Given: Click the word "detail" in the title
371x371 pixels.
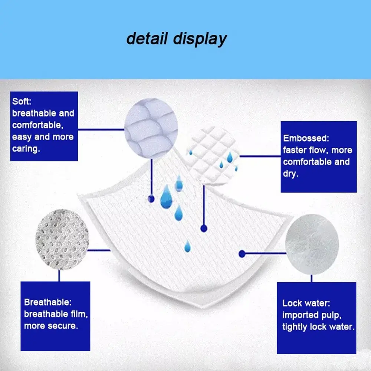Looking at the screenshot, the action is (x=146, y=39).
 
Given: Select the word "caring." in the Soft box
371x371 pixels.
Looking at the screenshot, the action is (x=26, y=149).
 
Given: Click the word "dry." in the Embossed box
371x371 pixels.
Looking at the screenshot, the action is (x=291, y=174).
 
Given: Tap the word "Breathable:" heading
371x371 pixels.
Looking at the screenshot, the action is (x=48, y=302).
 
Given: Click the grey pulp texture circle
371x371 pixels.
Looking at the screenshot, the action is (x=312, y=243).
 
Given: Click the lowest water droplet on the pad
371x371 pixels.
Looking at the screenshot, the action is (x=188, y=245).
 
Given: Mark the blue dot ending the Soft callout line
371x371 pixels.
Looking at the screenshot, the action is (x=151, y=199).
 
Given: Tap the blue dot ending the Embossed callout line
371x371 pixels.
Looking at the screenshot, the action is (x=203, y=228).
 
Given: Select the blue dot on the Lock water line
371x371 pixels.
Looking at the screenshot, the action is (x=242, y=254).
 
